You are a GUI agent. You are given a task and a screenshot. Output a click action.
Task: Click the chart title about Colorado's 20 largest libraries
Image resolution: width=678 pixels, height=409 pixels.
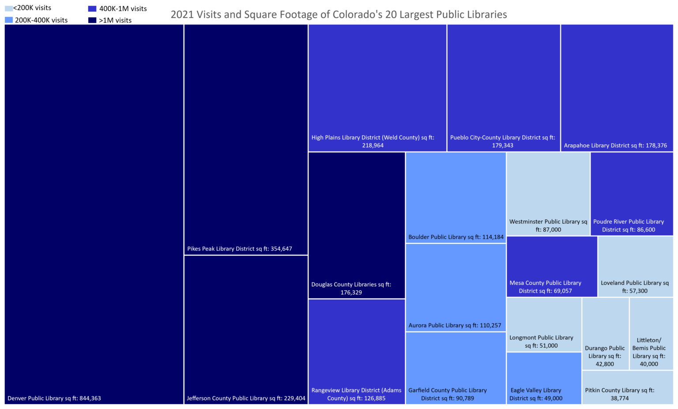[x=339, y=15]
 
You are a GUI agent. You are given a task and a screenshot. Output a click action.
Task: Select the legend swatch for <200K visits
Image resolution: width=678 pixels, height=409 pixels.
[x=8, y=8]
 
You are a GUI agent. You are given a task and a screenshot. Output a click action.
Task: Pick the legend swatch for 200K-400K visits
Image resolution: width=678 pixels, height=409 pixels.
[x=9, y=20]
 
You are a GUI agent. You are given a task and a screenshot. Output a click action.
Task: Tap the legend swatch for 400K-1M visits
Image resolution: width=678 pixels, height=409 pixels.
[x=92, y=9]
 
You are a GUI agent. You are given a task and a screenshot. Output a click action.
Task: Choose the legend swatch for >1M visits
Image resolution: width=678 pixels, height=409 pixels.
[x=92, y=20]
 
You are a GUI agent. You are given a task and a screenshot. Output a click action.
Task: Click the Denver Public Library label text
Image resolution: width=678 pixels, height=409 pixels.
[x=54, y=398]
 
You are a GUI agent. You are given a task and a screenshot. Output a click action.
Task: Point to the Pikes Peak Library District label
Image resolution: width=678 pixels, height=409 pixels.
[x=239, y=249]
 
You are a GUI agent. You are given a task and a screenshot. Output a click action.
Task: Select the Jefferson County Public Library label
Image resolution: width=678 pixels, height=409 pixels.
[x=246, y=398]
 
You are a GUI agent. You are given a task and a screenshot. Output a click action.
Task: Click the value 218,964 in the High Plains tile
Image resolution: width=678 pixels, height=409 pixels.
[x=373, y=146]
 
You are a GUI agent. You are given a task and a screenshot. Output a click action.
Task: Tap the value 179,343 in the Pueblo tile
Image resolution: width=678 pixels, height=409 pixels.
[x=502, y=146]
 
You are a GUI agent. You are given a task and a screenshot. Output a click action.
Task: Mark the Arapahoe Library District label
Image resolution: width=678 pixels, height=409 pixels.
[x=615, y=146]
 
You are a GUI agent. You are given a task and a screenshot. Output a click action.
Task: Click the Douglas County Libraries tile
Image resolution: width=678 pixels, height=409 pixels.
[x=357, y=225]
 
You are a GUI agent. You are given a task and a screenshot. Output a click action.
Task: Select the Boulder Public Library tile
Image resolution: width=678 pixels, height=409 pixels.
[x=456, y=197]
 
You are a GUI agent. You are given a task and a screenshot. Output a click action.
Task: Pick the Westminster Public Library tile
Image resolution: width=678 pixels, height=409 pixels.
[x=548, y=194]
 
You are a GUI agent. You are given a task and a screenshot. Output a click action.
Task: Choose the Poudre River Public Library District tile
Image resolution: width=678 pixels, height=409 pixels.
[x=632, y=194]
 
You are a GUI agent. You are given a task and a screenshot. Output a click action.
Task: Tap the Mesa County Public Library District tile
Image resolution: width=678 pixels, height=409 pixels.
[x=552, y=266]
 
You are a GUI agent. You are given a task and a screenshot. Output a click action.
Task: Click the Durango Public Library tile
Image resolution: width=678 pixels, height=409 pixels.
[x=605, y=334]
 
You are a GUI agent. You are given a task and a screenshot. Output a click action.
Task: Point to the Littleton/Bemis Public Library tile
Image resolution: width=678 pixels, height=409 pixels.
[x=651, y=334]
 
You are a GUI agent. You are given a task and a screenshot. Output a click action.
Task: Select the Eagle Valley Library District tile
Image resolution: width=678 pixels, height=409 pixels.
[x=544, y=378]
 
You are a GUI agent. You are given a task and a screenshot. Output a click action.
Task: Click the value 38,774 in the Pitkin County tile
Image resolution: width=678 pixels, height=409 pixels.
[x=620, y=398]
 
